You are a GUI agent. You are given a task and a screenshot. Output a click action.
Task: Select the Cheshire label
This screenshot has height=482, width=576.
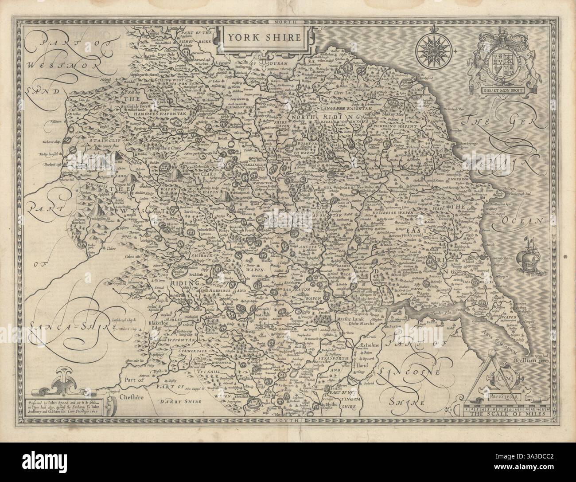[132, 398]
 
